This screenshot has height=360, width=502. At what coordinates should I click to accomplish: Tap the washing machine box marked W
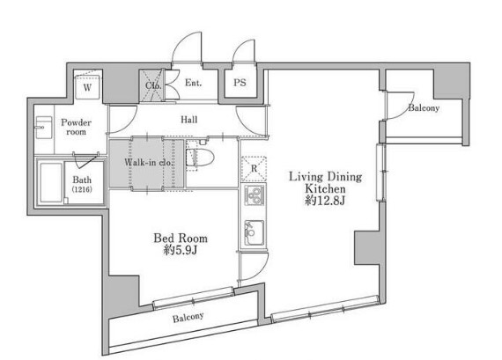[87, 87]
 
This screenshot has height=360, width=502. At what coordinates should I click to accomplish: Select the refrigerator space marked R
[254, 168]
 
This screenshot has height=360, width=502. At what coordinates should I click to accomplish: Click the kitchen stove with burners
[254, 195]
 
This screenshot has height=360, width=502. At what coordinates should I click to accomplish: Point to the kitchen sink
[255, 232]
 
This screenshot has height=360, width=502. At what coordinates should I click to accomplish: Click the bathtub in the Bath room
[51, 183]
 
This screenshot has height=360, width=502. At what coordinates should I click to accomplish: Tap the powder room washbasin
[44, 128]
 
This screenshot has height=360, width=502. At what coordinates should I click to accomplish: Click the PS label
[240, 83]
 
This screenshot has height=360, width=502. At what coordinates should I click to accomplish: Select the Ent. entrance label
[194, 83]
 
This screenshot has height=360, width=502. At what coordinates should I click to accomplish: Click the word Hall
[188, 120]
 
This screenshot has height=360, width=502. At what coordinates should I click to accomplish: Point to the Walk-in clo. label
[148, 162]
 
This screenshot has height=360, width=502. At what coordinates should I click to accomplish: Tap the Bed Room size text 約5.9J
[180, 250]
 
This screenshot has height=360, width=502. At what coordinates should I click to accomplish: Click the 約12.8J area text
[325, 201]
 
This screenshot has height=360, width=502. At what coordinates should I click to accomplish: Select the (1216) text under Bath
[82, 189]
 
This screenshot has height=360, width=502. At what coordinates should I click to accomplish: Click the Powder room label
[77, 127]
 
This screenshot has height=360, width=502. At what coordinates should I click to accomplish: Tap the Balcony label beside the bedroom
[188, 317]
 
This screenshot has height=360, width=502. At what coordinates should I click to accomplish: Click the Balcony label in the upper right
[424, 108]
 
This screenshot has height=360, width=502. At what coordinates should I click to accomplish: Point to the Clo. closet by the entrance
[153, 85]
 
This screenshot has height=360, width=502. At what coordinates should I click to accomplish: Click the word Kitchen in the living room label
[325, 188]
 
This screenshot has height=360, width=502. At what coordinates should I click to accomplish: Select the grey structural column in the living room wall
[366, 247]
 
